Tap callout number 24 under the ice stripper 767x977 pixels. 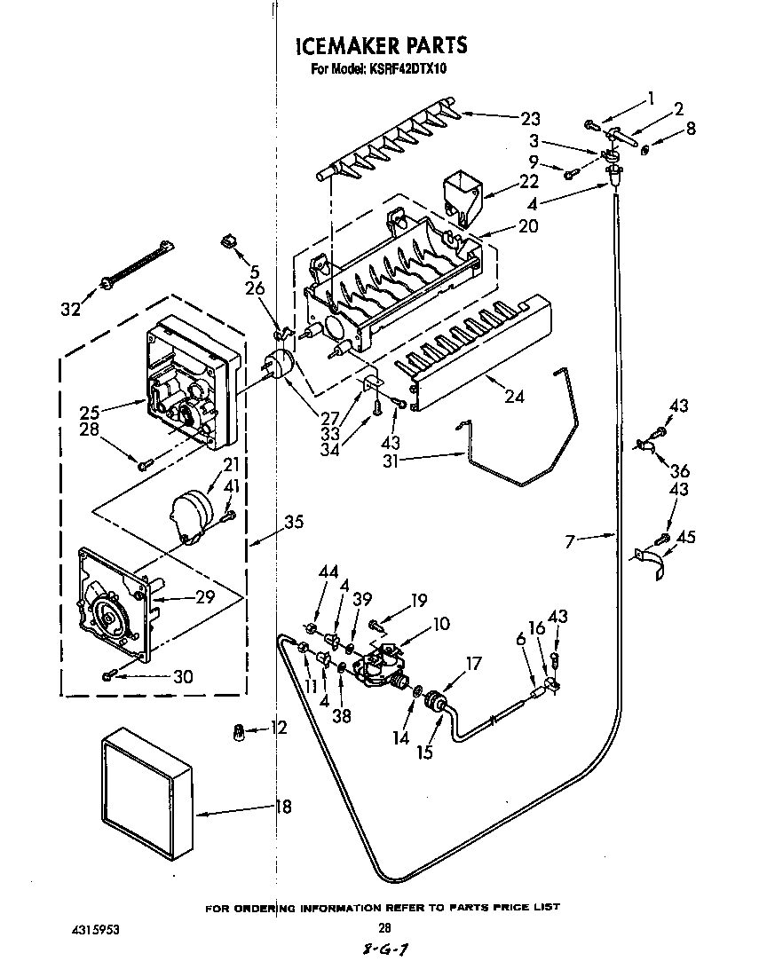coord(514,398)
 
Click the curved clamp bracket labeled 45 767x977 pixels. coord(652,563)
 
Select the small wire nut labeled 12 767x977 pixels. coord(238,730)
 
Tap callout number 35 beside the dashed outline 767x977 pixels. coord(293,523)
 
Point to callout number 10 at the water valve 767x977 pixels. coord(440,624)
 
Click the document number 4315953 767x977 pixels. coord(95,930)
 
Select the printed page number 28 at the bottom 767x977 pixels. coord(384,928)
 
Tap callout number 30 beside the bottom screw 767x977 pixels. coord(182,676)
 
